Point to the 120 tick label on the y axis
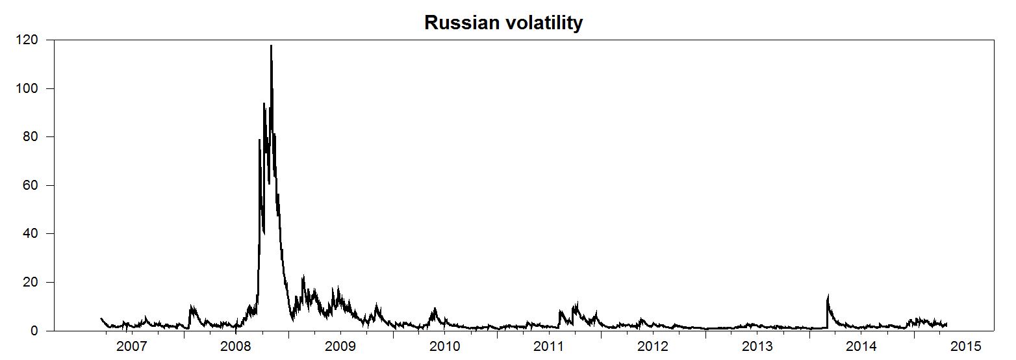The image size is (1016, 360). [x=29, y=40]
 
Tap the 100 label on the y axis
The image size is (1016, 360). [x=29, y=88]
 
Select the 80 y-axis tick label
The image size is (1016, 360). [x=32, y=137]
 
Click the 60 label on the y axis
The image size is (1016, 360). [x=32, y=186]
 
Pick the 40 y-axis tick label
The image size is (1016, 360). [x=32, y=234]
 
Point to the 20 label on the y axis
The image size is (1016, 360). [x=32, y=283]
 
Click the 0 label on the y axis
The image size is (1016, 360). [x=36, y=331]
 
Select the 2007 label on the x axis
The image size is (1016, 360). [x=132, y=346]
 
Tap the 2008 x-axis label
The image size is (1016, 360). [x=236, y=346]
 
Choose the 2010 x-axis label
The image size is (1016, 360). [x=444, y=346]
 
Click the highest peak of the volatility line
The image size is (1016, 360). [x=271, y=45]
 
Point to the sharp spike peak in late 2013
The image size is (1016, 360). [x=828, y=296]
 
